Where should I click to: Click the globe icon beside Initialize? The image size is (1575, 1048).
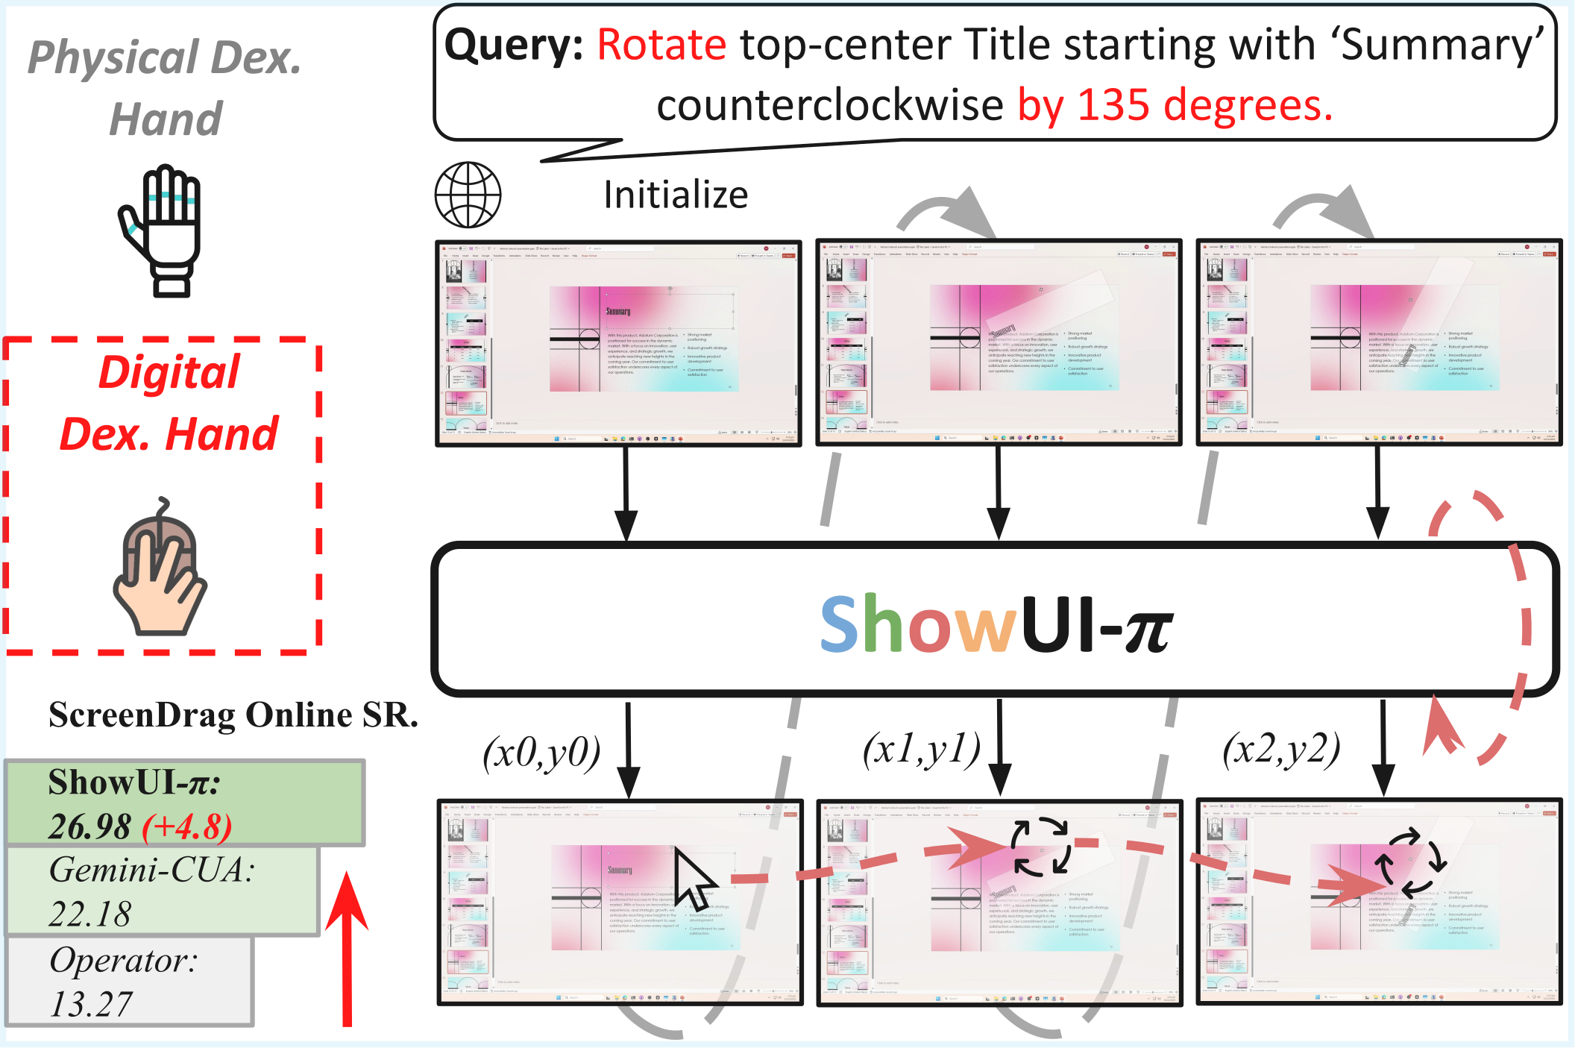tap(468, 195)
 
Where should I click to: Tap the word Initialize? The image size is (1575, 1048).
tap(675, 195)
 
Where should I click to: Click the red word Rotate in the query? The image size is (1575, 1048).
tap(661, 45)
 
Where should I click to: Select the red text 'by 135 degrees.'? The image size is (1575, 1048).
tap(1175, 105)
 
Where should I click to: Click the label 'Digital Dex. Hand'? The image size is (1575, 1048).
tap(169, 403)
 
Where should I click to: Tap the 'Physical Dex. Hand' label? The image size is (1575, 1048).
tap(166, 87)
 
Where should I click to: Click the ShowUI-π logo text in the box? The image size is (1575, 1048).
tap(996, 624)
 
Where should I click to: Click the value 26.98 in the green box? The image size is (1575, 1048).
tap(90, 826)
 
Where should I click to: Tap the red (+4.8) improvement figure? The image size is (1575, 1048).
tap(187, 826)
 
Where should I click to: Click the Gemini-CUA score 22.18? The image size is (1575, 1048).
tap(90, 914)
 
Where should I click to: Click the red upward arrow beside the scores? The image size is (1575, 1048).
tap(347, 947)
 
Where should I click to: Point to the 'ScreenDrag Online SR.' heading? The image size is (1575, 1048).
tap(233, 715)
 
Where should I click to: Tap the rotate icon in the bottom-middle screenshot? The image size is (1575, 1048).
tap(1041, 847)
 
